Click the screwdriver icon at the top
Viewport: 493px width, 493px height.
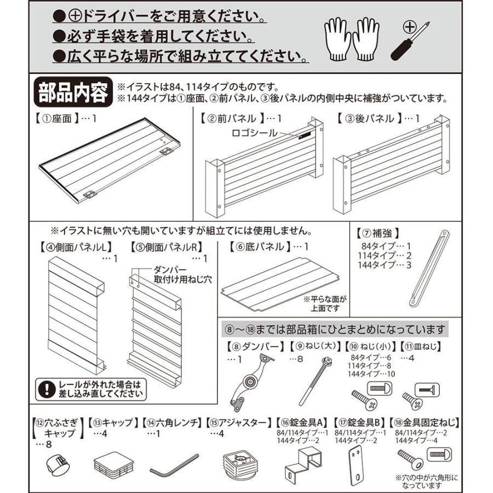click(409, 42)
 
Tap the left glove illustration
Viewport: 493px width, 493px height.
click(338, 40)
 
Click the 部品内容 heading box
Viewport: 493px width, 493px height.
click(72, 93)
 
